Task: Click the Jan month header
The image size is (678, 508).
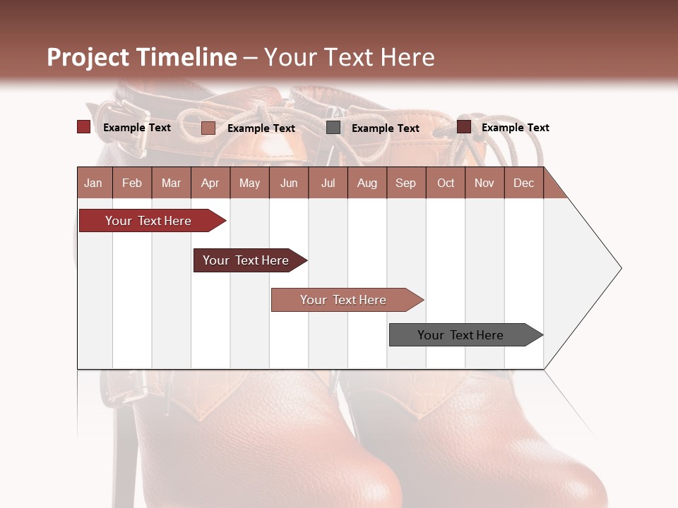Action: point(94,183)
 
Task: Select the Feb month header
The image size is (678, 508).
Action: point(132,183)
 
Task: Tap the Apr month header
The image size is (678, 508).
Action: point(210,183)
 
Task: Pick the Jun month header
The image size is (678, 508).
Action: point(289,183)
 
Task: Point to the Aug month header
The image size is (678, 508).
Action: point(367,183)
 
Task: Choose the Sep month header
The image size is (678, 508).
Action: point(405,183)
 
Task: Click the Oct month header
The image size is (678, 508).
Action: point(446,183)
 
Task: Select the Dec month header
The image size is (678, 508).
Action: point(523,183)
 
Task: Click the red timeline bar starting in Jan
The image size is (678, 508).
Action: point(148,221)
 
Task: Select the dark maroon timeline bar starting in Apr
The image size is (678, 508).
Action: point(246,260)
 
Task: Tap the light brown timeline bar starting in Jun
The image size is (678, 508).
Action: point(343,300)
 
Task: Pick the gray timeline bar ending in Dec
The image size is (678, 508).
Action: point(460,335)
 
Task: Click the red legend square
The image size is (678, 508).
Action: point(83,127)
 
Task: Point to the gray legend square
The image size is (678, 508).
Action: point(333,128)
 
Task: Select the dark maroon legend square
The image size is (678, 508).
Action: point(463,127)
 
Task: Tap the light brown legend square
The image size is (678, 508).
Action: point(208,128)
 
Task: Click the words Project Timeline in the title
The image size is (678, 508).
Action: point(142,57)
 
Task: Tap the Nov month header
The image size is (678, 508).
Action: point(484,183)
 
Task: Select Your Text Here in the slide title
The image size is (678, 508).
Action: point(349,57)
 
